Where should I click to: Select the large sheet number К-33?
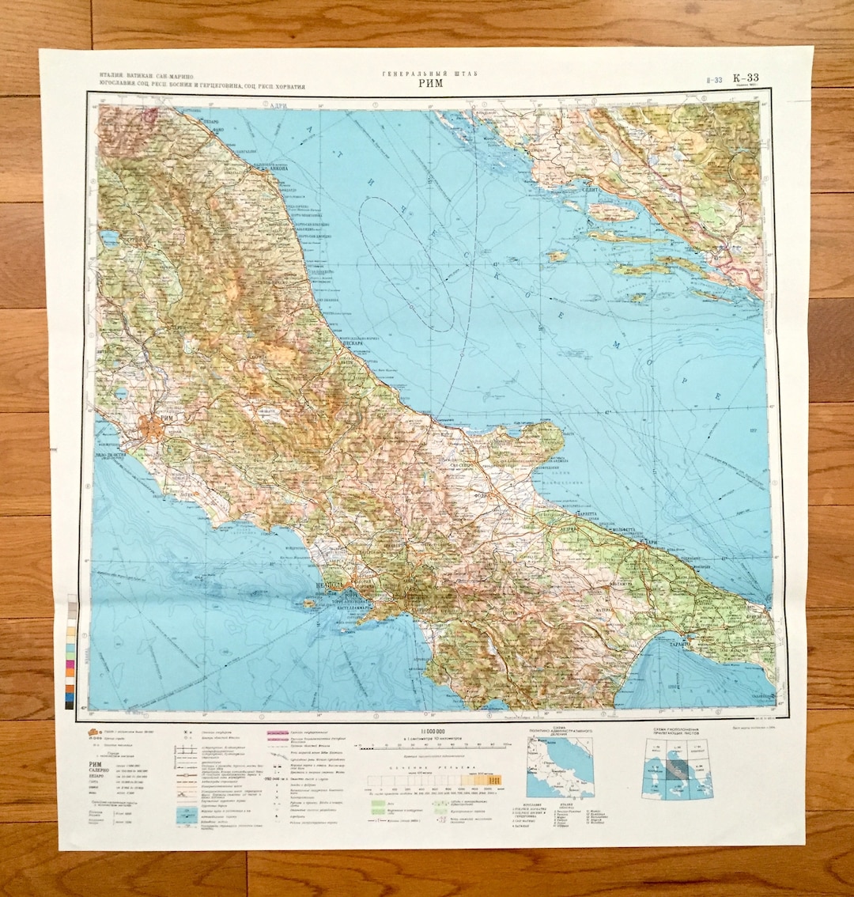tap(746, 78)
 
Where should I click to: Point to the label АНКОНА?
tap(271, 168)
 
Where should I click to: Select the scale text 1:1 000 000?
tap(429, 729)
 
